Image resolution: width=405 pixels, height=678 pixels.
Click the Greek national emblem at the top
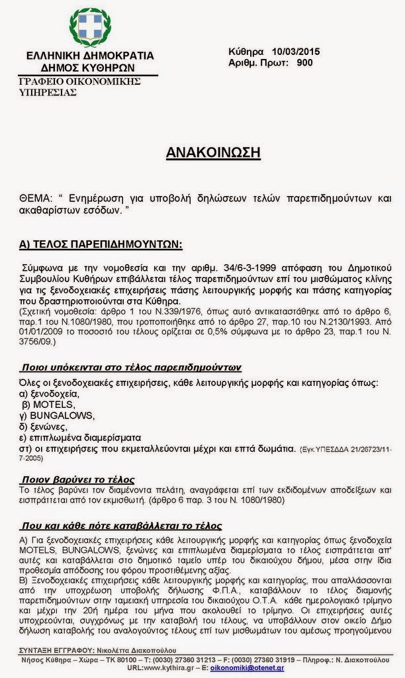pyautogui.click(x=90, y=26)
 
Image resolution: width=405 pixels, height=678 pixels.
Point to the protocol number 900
pyautogui.click(x=305, y=63)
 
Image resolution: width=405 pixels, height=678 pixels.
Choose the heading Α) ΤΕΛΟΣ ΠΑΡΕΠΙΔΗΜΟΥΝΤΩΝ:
pyautogui.click(x=101, y=244)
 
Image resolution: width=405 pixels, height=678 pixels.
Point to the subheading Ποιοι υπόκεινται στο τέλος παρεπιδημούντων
pyautogui.click(x=130, y=367)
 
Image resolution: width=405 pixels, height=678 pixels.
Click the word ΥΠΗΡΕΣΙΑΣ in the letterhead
pyautogui.click(x=48, y=92)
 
